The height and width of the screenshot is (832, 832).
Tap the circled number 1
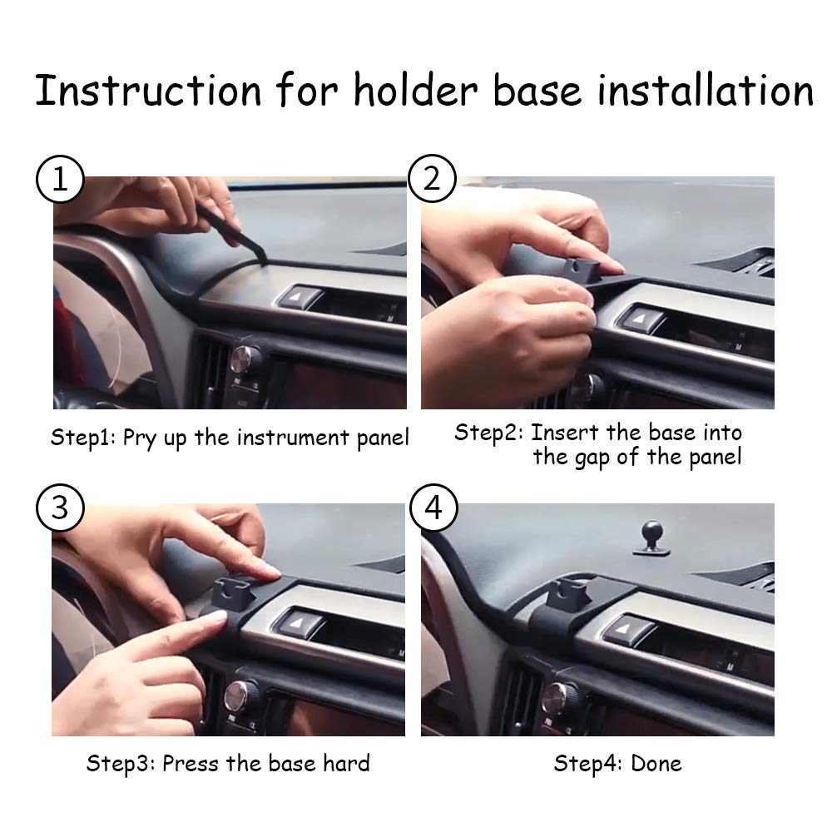[60, 180]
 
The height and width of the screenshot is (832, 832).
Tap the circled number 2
[432, 180]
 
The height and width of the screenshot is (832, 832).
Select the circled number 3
[60, 507]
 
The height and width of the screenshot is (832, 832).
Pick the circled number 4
[432, 507]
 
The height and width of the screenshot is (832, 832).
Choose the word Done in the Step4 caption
[656, 763]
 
